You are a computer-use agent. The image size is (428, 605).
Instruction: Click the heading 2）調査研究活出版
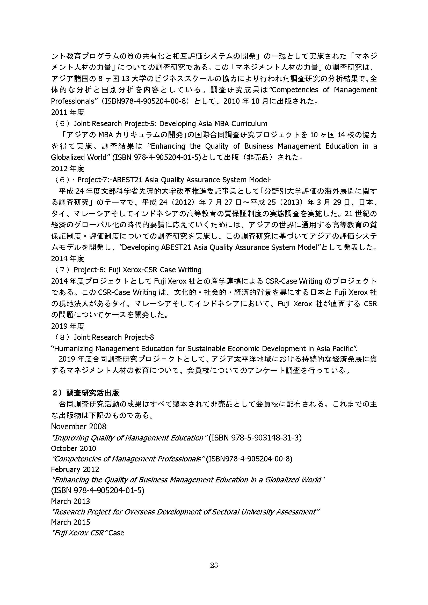[x=85, y=393]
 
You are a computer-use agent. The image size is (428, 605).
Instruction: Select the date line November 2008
[x=79, y=426]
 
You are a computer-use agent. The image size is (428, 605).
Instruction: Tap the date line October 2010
[x=73, y=448]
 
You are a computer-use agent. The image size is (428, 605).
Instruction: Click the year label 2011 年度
[x=68, y=113]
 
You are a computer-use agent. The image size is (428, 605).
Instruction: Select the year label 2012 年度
[x=68, y=168]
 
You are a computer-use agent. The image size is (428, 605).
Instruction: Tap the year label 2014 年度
[x=68, y=258]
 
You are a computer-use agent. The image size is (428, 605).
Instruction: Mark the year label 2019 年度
[x=68, y=326]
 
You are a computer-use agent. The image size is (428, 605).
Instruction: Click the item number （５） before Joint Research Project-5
[x=62, y=124]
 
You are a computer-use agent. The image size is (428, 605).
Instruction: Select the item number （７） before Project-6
[x=62, y=270]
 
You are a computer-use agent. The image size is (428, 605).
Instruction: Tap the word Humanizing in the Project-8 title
[x=74, y=349]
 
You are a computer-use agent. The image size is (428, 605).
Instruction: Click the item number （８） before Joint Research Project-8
[x=62, y=337]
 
